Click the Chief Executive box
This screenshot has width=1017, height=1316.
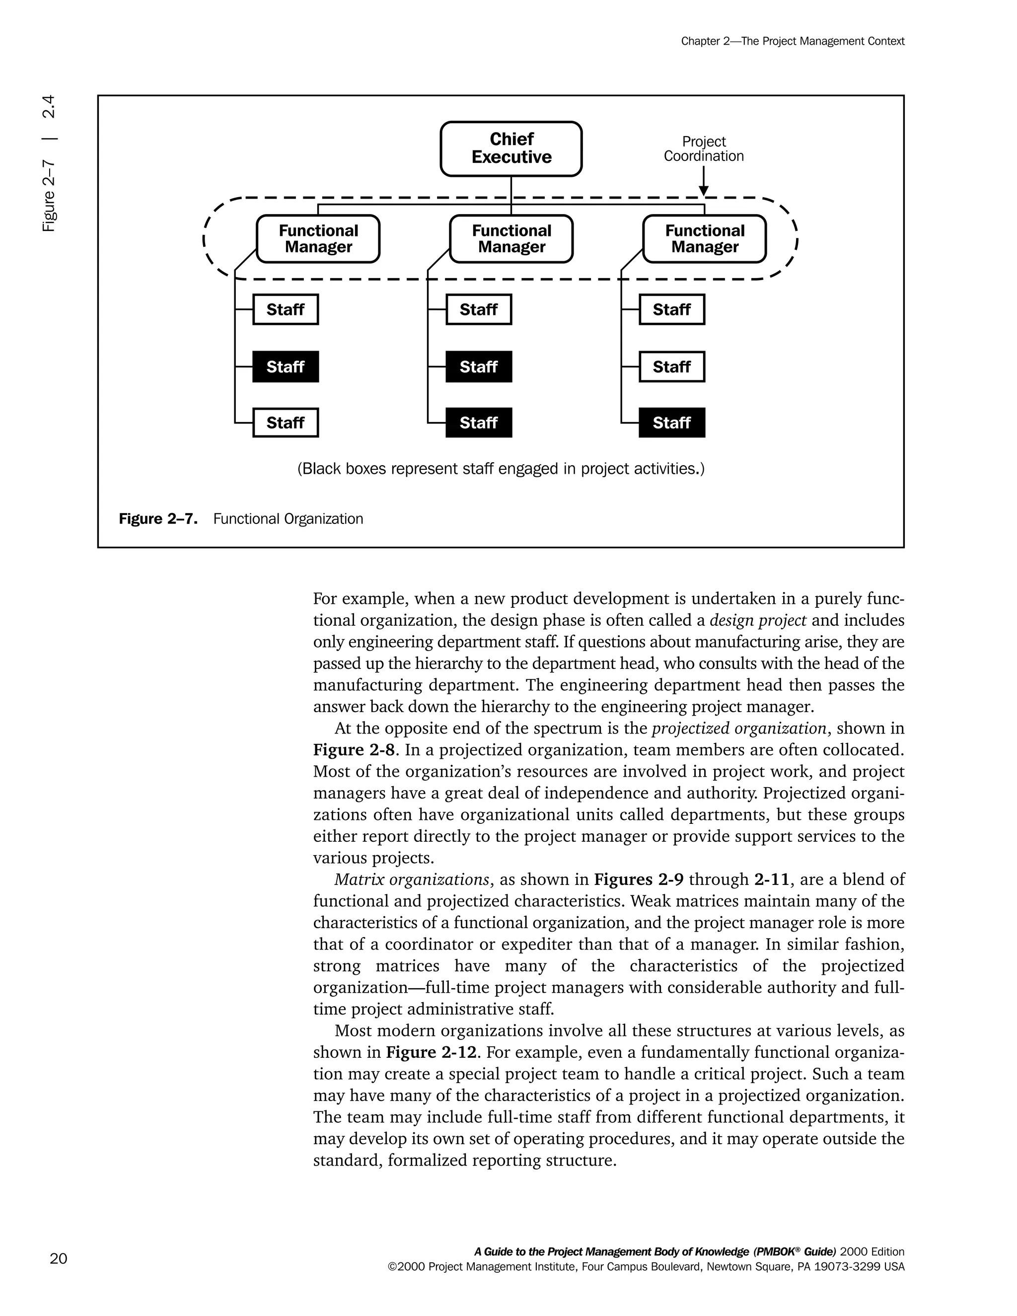click(511, 149)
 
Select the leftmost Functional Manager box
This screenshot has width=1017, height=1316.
click(318, 239)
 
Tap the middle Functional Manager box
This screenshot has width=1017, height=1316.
click(511, 239)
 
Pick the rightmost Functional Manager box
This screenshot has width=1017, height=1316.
click(704, 239)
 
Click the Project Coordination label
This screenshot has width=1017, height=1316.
click(704, 149)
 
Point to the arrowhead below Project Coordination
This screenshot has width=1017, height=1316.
click(704, 191)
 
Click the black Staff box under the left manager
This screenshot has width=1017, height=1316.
click(285, 367)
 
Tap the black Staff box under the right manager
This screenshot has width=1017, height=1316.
click(672, 423)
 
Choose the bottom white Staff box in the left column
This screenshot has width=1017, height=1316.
click(285, 423)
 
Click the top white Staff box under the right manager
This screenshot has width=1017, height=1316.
click(672, 310)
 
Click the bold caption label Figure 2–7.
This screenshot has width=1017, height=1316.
click(158, 519)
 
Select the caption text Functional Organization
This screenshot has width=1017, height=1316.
click(288, 519)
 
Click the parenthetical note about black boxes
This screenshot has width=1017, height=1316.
click(501, 469)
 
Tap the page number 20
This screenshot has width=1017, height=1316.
click(59, 1258)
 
